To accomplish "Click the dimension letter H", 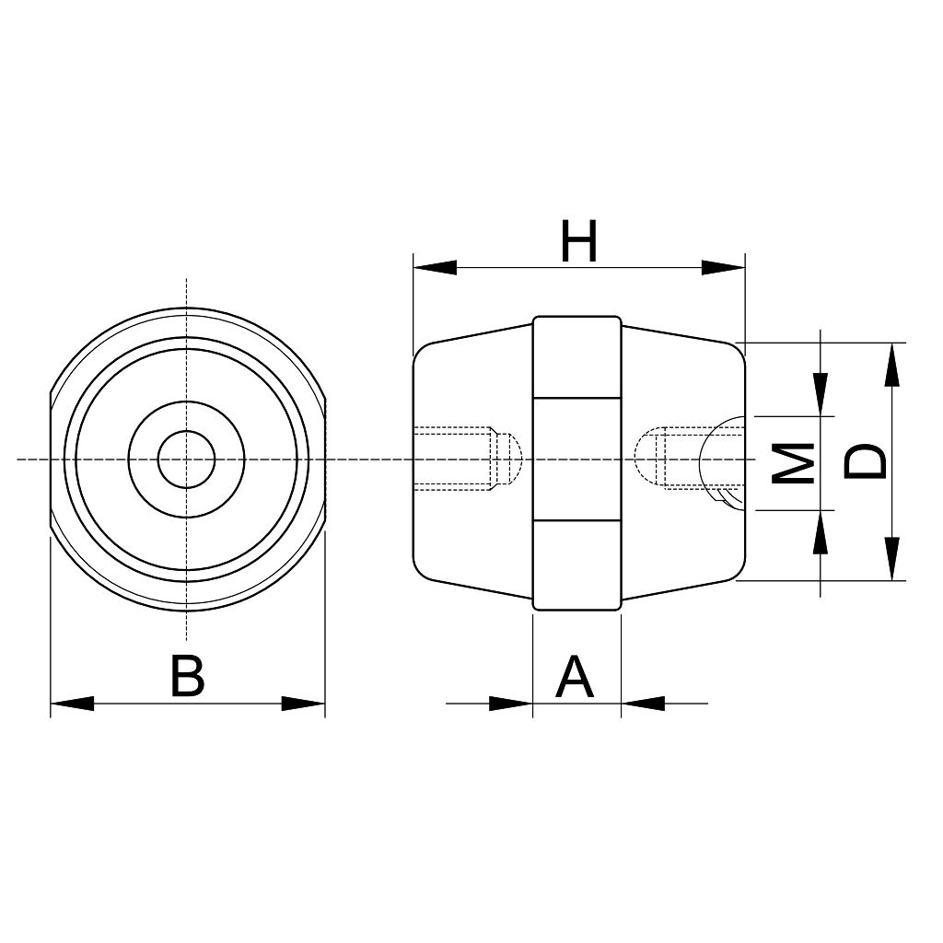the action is [x=578, y=242].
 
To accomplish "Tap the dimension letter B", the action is [x=187, y=676].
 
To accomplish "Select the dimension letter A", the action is [x=576, y=677].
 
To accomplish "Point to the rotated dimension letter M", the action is [x=793, y=463].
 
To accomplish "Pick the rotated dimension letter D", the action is [x=865, y=462].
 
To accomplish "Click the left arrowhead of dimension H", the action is [x=435, y=268].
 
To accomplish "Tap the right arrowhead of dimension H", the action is [x=724, y=268].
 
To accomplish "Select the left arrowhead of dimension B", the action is [x=72, y=703].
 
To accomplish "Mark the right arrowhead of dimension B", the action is [x=303, y=703].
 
